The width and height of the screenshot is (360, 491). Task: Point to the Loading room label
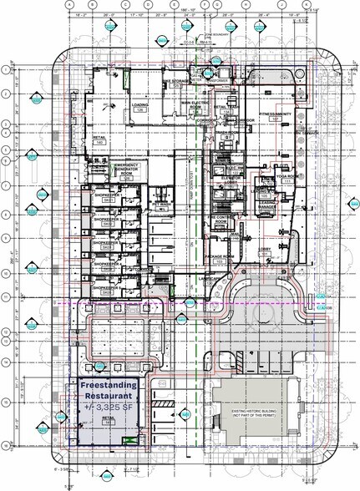point(140,106)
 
